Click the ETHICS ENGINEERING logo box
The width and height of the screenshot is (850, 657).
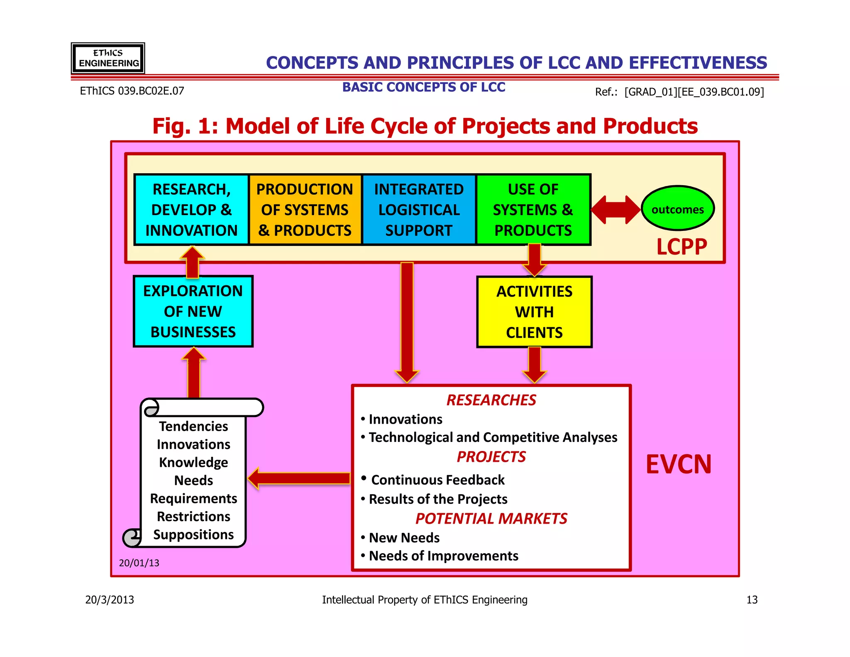(108, 58)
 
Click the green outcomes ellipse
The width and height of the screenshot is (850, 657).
(677, 208)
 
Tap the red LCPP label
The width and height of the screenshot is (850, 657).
(681, 247)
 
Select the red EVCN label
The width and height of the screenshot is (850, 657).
(678, 464)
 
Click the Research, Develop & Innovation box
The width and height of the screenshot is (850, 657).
(191, 210)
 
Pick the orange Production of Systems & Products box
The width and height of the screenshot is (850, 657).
(305, 210)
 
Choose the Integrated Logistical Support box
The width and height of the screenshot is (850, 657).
(419, 210)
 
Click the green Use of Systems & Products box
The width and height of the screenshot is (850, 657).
(533, 210)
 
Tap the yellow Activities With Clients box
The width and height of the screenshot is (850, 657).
(534, 312)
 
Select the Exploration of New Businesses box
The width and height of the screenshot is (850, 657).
(193, 311)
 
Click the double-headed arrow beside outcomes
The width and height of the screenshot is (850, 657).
(616, 210)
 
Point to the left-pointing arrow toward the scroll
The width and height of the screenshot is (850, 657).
(299, 478)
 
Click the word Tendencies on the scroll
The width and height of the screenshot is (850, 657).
(193, 427)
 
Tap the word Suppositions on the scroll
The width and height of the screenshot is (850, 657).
(193, 534)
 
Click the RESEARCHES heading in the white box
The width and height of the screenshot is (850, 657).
(491, 400)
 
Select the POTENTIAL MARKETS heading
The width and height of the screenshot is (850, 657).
(491, 519)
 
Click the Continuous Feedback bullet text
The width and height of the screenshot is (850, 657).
(437, 480)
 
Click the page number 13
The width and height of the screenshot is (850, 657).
(752, 600)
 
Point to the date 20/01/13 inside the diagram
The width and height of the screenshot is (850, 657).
(139, 563)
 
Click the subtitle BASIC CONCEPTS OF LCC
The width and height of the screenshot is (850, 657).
(423, 87)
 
